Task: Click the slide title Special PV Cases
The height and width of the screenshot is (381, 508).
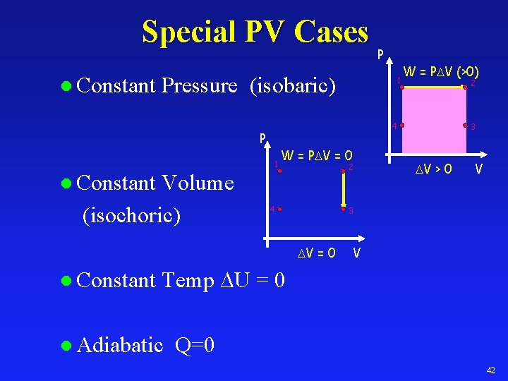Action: click(255, 32)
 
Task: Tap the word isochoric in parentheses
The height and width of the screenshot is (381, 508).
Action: click(132, 214)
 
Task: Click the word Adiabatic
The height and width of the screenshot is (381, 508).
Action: click(121, 346)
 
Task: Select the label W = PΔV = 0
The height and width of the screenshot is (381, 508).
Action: click(317, 155)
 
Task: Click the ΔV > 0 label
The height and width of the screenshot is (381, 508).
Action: click(434, 169)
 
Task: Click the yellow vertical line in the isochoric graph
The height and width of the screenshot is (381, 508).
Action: click(342, 190)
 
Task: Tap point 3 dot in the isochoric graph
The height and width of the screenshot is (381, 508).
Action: click(342, 210)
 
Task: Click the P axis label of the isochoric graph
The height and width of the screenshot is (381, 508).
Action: click(262, 138)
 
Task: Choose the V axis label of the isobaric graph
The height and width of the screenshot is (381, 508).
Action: click(479, 169)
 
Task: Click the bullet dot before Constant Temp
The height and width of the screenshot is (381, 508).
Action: click(66, 282)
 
